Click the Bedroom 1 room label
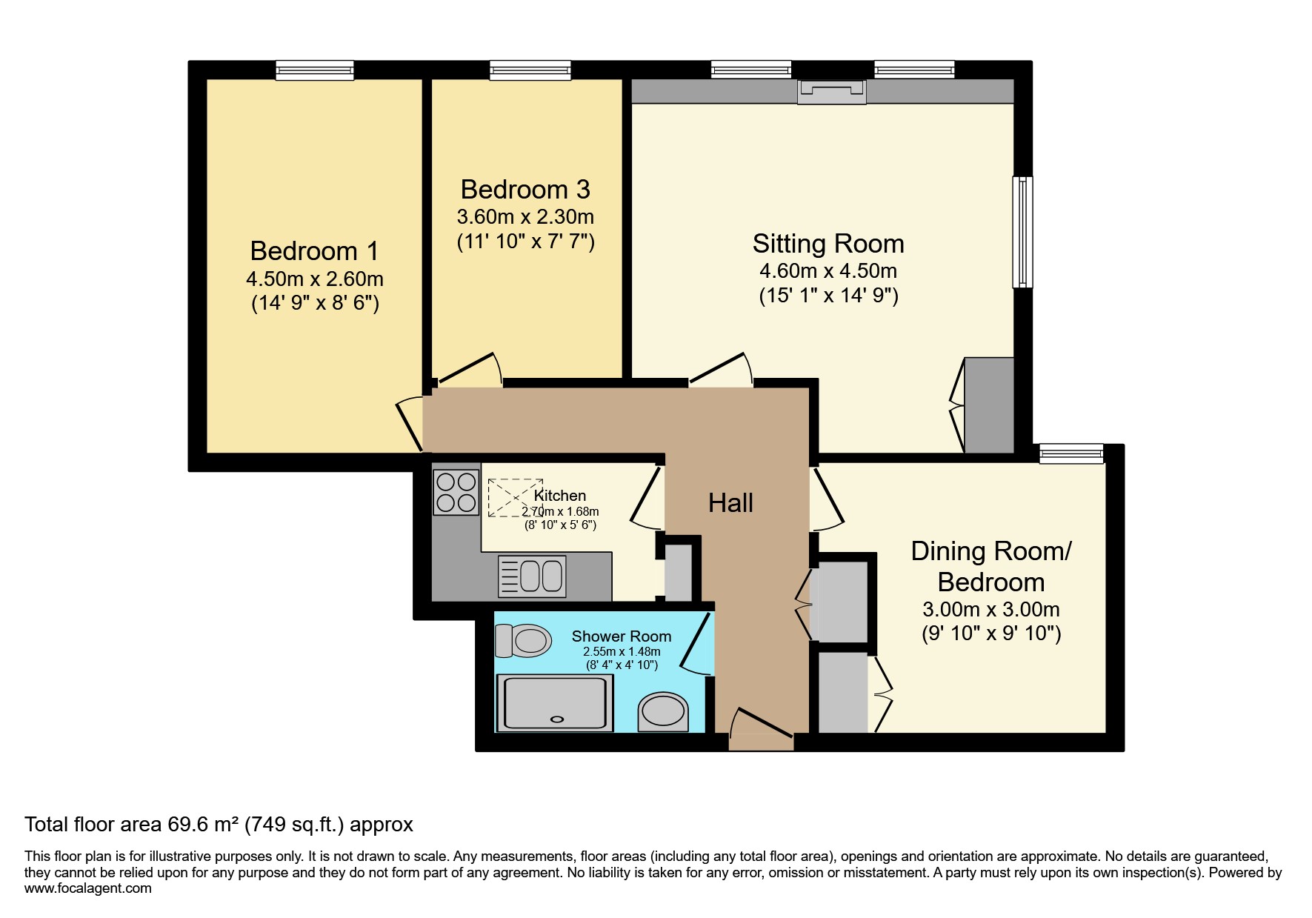point(314,251)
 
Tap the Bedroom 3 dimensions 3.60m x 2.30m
point(525,217)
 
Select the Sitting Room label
point(828,244)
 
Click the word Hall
point(730,503)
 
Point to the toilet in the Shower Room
point(524,640)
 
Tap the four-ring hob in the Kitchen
point(456,493)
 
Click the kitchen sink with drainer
point(532,576)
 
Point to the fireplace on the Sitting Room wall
point(831,93)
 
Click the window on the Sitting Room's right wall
point(1022,232)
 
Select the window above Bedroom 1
point(314,70)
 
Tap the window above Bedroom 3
point(530,70)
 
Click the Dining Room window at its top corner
point(1071,453)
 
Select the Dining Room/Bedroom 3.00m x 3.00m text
point(990,610)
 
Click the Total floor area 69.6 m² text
point(219,825)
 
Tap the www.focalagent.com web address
point(87,888)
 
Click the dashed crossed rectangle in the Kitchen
point(515,498)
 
